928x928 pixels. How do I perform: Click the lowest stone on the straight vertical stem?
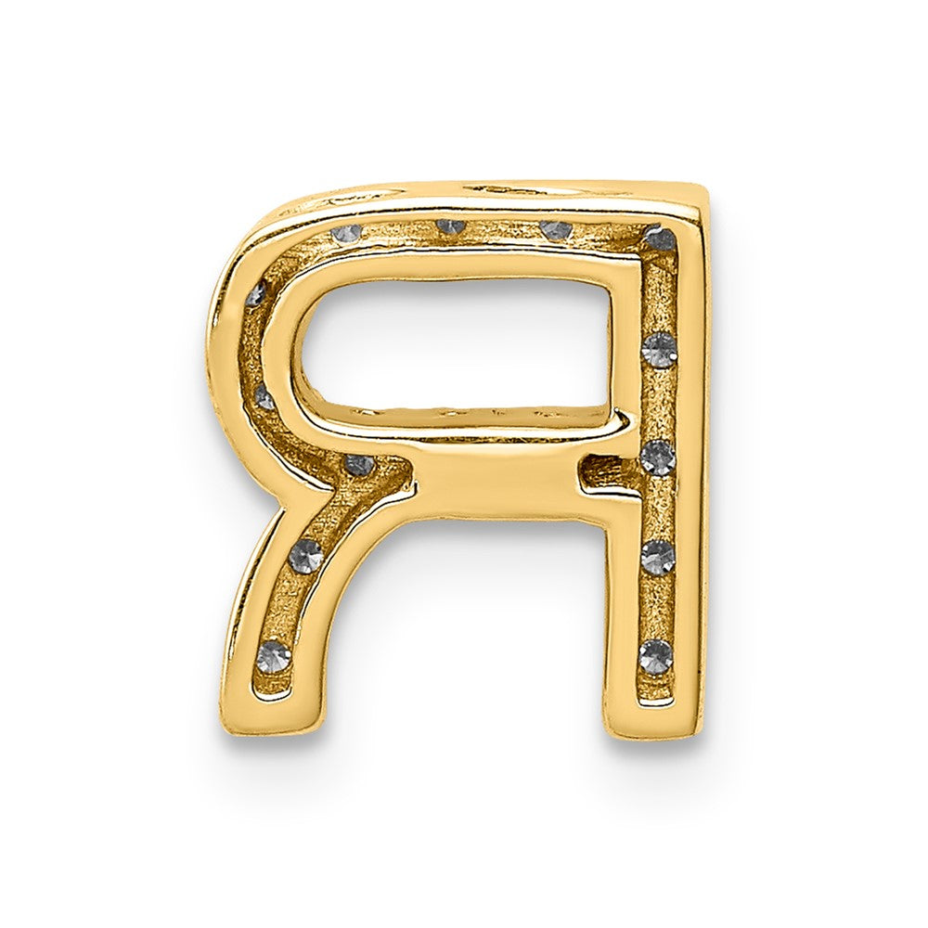[656, 655]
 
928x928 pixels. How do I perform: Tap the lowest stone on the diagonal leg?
[273, 656]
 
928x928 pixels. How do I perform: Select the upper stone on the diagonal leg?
[305, 556]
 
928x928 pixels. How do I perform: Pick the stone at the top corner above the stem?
[660, 239]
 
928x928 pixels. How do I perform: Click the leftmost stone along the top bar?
[346, 232]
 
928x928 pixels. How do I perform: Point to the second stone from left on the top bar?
[450, 226]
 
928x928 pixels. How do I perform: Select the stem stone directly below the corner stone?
[660, 350]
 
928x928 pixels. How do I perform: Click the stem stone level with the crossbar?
[657, 457]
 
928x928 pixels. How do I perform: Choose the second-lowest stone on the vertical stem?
[657, 557]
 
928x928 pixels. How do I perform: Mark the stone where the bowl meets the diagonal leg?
[358, 464]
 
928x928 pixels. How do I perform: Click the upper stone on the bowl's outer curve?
[255, 295]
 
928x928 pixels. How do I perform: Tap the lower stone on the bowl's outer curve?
[264, 399]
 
